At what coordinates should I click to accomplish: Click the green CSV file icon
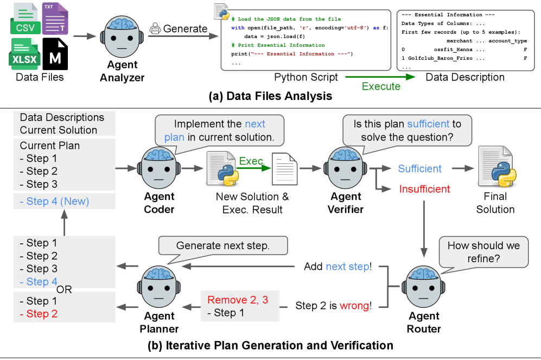point(24,19)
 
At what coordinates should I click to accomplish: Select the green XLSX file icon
point(24,54)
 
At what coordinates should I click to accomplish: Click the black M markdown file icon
point(55,54)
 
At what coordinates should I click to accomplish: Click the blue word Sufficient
point(419,169)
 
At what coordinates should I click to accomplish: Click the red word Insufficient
point(424,189)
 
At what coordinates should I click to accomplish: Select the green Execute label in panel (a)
point(381,86)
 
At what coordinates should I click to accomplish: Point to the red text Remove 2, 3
point(238,300)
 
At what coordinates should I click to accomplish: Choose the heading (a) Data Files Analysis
point(270,97)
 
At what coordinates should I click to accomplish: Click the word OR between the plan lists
point(64,289)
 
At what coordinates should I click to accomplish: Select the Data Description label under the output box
point(465,77)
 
